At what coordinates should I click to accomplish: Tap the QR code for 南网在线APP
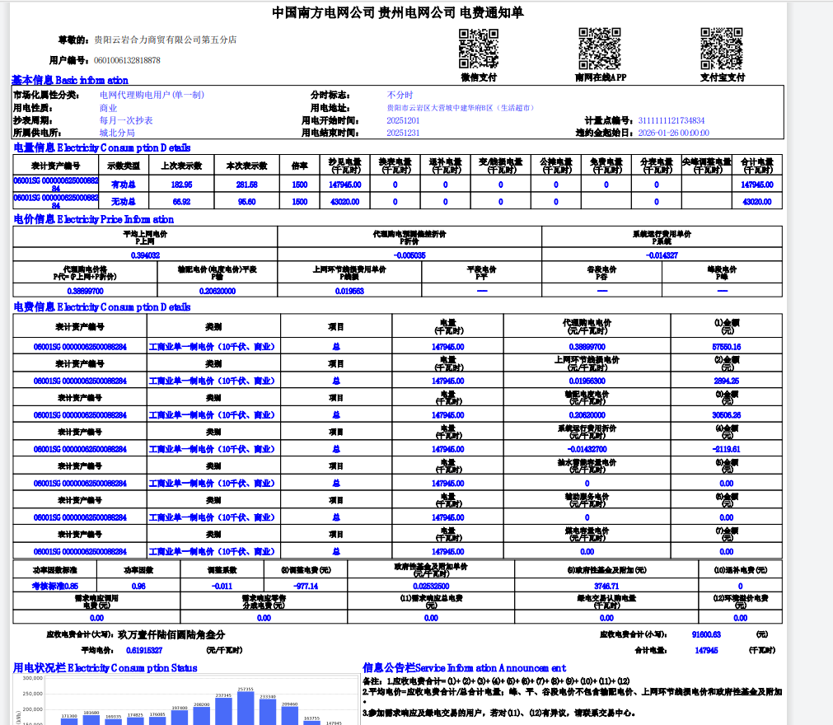600,49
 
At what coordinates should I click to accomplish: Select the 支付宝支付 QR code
722,49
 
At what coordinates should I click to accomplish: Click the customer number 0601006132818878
127,60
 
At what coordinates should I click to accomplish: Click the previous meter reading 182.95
181,185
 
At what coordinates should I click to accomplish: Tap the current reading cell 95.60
247,201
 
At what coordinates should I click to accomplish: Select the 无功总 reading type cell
124,201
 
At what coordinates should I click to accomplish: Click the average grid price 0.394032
145,255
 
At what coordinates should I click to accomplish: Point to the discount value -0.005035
409,255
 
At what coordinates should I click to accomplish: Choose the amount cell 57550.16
726,347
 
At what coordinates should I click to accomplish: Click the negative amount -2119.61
726,449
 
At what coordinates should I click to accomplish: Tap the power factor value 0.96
138,586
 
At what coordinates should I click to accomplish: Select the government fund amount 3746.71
606,586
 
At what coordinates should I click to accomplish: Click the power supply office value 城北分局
117,133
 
